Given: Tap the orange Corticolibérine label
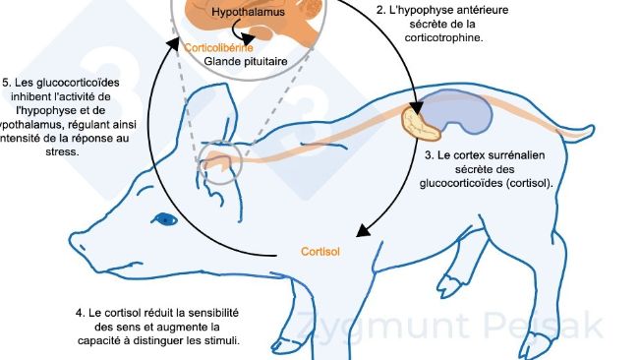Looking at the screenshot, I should click(218, 47).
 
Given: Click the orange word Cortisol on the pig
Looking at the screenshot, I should click(320, 252).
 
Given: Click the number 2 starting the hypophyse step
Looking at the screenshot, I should click(379, 11).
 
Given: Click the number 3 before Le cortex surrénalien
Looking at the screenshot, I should click(428, 155).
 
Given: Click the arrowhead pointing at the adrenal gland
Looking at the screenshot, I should click(415, 101).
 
